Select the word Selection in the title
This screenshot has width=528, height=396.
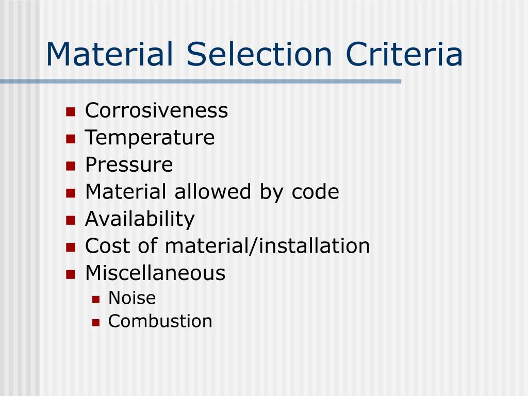point(259,55)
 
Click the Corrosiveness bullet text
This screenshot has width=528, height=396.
point(156,110)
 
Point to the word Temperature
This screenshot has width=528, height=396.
point(150,138)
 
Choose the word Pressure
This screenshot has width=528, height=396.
point(129,165)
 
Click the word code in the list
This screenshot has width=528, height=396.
point(316,192)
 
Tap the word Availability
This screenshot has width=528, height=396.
point(140,219)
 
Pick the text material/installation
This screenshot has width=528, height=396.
point(268,246)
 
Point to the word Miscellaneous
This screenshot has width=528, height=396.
point(155,273)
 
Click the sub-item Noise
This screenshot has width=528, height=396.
point(132,298)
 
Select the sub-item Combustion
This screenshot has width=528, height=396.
point(160,321)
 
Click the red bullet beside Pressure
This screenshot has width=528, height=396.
point(71,166)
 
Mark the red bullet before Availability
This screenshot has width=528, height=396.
point(71,220)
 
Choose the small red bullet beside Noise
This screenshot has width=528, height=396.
point(95,299)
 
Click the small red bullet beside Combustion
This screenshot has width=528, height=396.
point(95,322)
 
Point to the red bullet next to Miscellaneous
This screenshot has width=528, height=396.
point(71,274)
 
